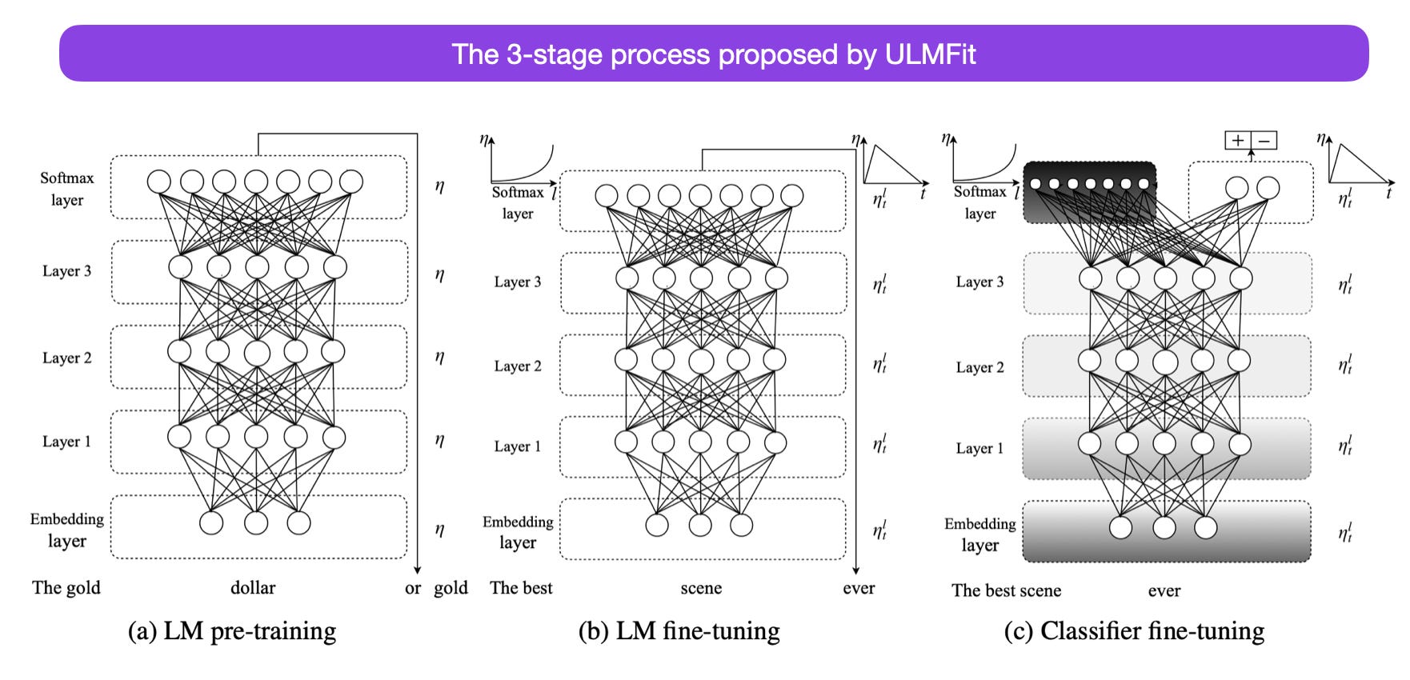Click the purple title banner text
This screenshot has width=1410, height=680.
click(x=713, y=54)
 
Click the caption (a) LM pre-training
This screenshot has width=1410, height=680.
click(x=232, y=631)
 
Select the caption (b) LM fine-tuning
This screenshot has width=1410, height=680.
click(x=679, y=631)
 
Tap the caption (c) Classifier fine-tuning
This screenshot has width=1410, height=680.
click(x=1134, y=631)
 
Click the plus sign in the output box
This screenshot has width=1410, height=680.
click(x=1238, y=141)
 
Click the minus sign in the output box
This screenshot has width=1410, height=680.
click(x=1264, y=141)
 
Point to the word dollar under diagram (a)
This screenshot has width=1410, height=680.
click(x=253, y=588)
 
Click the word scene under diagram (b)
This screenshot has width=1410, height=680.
click(x=701, y=588)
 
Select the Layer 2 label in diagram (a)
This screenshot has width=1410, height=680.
click(x=67, y=358)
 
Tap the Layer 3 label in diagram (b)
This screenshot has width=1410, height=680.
click(x=518, y=282)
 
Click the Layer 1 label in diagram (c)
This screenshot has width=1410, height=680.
click(x=979, y=448)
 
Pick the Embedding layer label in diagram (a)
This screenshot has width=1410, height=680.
click(x=67, y=530)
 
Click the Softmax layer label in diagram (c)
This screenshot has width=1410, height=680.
click(x=979, y=202)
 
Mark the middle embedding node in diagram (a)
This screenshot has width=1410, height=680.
click(x=256, y=522)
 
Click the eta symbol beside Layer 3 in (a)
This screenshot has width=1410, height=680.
click(x=439, y=274)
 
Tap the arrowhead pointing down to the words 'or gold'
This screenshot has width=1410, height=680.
click(x=418, y=569)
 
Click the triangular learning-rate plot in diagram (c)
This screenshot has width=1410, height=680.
click(x=1357, y=164)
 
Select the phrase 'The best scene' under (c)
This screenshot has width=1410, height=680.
click(x=1006, y=590)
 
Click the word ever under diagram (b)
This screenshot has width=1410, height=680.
click(x=859, y=588)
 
